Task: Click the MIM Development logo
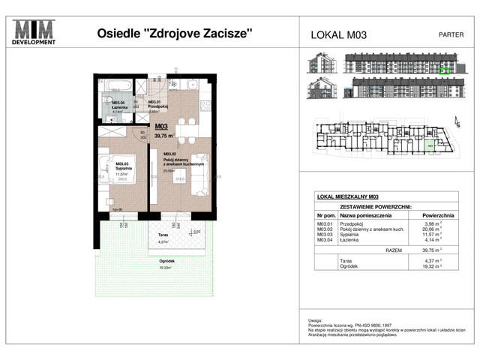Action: click(x=35, y=33)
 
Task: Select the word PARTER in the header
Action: click(x=449, y=34)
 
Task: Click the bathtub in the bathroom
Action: click(x=116, y=85)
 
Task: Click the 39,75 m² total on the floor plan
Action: click(x=163, y=136)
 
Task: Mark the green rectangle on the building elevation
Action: click(x=444, y=70)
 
